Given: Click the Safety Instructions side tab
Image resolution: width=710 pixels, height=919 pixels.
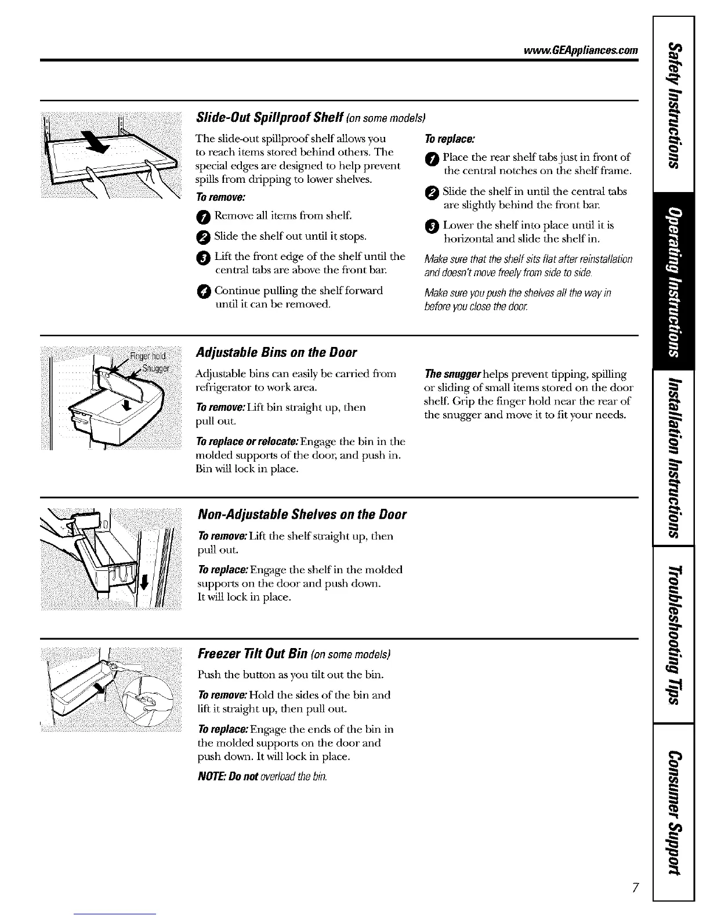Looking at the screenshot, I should click(x=673, y=104).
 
